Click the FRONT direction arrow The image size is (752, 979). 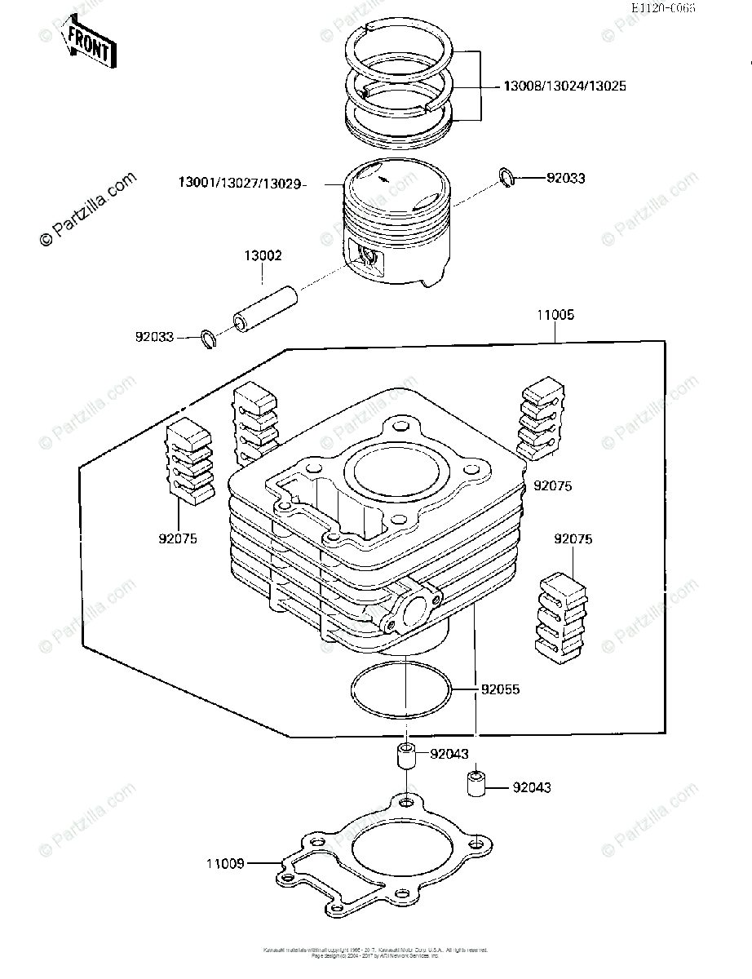[88, 47]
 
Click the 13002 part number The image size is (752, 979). [263, 256]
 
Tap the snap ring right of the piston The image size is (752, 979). [506, 177]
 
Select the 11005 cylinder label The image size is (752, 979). [555, 314]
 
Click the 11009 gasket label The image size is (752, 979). [225, 862]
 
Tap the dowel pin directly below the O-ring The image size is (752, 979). [405, 755]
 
